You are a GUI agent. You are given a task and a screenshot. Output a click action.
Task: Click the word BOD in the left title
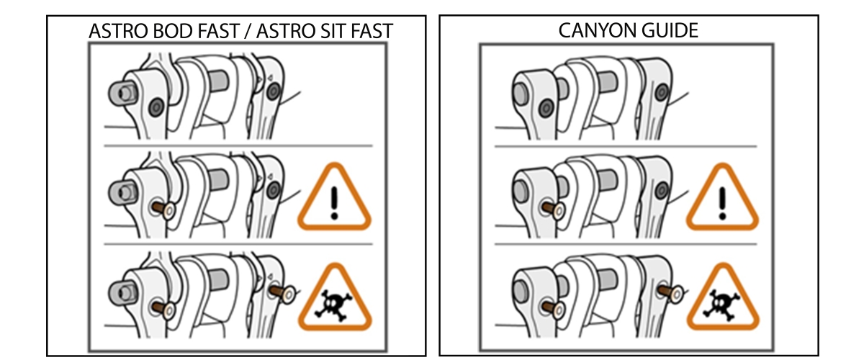173,31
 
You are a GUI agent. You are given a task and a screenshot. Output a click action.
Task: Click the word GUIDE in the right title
665,30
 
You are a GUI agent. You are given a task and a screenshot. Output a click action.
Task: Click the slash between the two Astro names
250,31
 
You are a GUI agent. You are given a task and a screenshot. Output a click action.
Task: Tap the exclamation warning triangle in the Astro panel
334,197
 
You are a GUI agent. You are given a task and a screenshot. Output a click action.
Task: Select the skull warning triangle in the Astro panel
335,297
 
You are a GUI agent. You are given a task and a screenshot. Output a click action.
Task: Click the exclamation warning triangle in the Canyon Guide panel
722,197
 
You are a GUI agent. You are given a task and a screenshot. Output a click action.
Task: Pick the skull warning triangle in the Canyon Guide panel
723,297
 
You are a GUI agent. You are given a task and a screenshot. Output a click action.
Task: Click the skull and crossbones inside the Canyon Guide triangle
722,305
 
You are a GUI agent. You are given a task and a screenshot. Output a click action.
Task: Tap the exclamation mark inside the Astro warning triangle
334,203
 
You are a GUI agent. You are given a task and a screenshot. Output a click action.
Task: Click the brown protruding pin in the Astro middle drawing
163,209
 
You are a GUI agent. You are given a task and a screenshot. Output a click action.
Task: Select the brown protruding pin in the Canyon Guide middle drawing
553,210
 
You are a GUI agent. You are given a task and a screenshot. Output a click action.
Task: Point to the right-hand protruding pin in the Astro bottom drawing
283,293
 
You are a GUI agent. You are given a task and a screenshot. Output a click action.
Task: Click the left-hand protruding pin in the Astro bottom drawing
163,309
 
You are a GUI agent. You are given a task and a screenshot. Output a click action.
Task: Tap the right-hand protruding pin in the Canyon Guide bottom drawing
672,293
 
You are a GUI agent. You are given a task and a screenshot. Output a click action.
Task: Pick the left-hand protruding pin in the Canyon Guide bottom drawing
553,309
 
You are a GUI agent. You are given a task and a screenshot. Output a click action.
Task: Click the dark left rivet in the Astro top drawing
156,107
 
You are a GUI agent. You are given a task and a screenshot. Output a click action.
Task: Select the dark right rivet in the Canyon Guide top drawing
662,93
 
